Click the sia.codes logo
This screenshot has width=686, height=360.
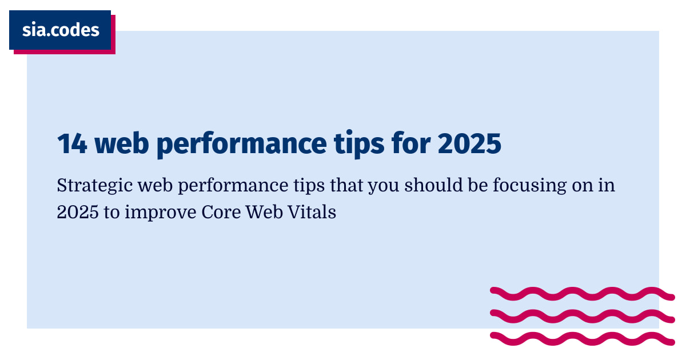(60, 30)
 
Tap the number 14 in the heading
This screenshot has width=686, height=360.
(72, 145)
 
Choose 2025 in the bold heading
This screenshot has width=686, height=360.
(469, 145)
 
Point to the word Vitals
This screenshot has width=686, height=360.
(314, 212)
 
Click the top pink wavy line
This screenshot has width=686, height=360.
(582, 294)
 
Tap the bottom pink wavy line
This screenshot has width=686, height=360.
(582, 338)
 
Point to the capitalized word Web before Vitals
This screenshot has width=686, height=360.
(268, 212)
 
